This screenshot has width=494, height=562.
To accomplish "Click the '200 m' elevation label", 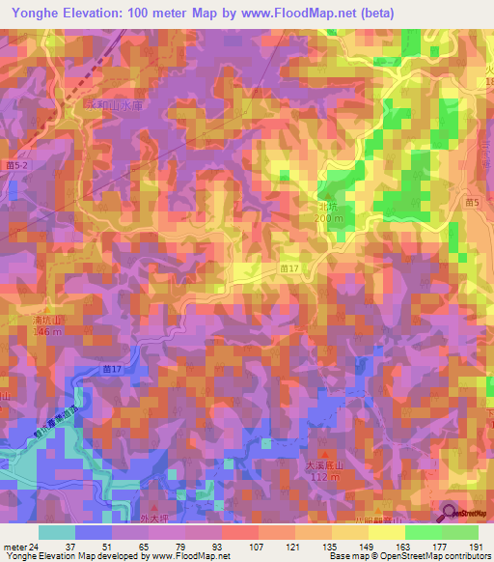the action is coord(329,218).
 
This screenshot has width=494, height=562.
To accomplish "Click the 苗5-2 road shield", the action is coord(21,168).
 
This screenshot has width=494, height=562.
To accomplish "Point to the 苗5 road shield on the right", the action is coord(471,203).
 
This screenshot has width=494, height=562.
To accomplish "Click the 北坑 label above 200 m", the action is coord(329,206).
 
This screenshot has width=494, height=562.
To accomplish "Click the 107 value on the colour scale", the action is coord(229,546).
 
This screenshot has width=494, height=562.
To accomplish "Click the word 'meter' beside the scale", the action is coord(14,546).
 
